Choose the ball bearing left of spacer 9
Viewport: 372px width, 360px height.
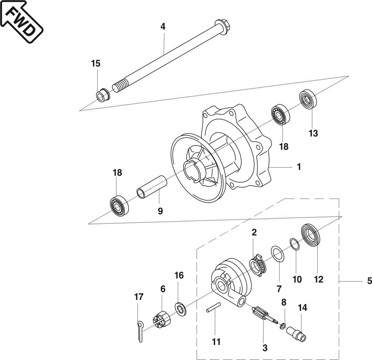(x=118, y=205)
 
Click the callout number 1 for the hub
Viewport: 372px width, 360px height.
(x=299, y=167)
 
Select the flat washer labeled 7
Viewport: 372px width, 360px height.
(x=278, y=254)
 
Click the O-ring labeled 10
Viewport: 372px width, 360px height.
(x=295, y=244)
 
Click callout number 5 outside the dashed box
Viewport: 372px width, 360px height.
(x=369, y=281)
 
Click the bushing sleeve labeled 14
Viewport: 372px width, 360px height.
(x=296, y=333)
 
